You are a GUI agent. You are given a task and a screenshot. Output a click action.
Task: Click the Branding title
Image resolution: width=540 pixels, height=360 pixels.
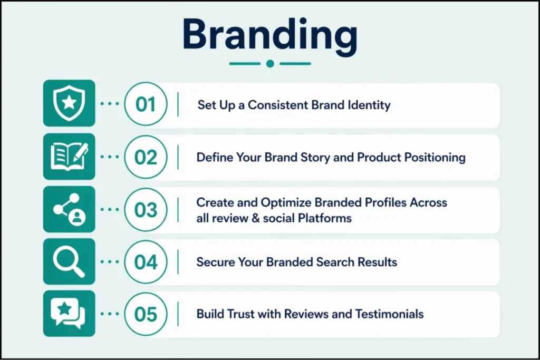[x=270, y=37]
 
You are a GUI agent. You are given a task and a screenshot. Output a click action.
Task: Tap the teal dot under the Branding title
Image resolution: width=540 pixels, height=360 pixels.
[x=271, y=64]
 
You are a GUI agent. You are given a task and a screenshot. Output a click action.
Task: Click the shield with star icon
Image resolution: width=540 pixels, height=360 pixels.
[x=69, y=103]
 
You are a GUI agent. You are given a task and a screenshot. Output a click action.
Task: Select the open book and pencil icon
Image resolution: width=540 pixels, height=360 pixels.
[x=69, y=157]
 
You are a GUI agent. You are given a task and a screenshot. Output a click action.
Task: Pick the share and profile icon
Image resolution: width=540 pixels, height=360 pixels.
[x=69, y=209]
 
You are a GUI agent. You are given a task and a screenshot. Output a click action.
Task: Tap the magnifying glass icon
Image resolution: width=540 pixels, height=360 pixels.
[x=69, y=261]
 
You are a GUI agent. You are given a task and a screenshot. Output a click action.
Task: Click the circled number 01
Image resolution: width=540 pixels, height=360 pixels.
[x=146, y=104]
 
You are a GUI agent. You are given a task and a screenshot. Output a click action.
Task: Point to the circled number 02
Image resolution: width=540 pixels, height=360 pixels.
[x=146, y=157]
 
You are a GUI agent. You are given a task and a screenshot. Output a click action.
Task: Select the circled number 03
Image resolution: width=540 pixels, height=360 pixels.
[x=146, y=210]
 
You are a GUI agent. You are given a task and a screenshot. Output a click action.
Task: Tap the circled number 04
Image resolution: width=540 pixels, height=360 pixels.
[x=146, y=262]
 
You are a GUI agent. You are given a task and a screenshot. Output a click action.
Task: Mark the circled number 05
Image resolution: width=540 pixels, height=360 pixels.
[x=146, y=314]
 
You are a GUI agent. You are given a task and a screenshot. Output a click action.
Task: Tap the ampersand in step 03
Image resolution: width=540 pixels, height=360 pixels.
[x=256, y=218]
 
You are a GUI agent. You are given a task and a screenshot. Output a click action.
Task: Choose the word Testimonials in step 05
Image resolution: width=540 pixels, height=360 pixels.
[x=389, y=314]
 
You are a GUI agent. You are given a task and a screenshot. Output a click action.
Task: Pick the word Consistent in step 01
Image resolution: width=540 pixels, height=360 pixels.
[x=277, y=105]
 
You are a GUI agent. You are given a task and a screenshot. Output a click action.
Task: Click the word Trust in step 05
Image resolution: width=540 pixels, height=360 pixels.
[x=241, y=314]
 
